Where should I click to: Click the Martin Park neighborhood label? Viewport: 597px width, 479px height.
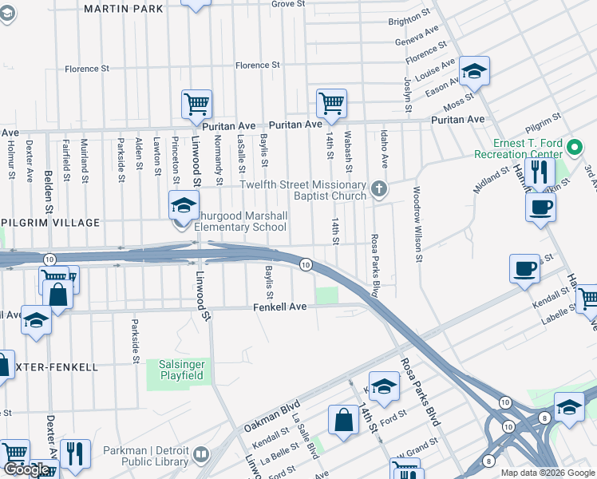point(123,9)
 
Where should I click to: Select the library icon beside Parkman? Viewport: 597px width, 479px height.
point(201,456)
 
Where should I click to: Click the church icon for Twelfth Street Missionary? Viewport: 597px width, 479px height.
point(379,190)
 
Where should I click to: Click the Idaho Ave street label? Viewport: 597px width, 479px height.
point(384,149)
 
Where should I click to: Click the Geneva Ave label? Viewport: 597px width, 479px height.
point(422,37)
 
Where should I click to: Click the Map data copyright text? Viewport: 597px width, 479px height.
point(547,472)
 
